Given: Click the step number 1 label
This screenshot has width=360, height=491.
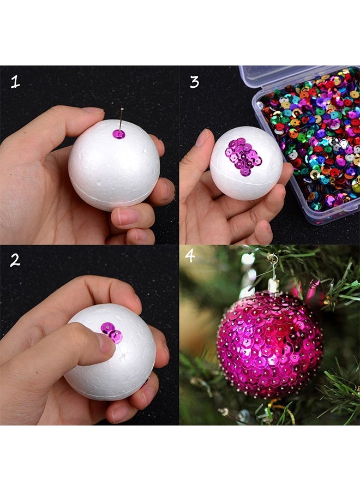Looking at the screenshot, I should [x=15, y=82].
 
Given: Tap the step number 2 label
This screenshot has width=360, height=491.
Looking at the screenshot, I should [x=15, y=260].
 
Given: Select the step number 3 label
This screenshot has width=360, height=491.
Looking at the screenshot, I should [x=194, y=82].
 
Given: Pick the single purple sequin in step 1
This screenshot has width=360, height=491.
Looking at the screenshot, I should [x=118, y=134].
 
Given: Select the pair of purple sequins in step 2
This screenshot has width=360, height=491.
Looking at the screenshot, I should [x=111, y=332].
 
